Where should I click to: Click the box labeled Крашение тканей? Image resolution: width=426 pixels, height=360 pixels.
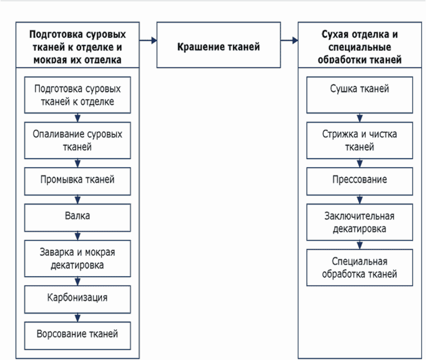coord(219,45)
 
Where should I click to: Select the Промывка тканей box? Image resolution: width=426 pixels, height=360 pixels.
coord(77,181)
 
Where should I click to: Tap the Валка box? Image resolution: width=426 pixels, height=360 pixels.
coord(77,218)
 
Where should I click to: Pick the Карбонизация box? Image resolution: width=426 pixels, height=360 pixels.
coord(77,299)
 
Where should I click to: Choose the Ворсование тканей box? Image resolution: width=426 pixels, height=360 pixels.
coord(77,336)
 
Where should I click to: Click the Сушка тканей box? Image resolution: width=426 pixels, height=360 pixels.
coord(359,95)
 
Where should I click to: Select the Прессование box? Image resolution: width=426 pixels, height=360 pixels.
coord(359,181)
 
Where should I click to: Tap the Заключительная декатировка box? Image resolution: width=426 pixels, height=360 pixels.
coord(359,222)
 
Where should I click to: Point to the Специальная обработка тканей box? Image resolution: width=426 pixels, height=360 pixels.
coord(359,267)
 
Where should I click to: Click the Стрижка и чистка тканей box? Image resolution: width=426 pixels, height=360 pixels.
coord(359,141)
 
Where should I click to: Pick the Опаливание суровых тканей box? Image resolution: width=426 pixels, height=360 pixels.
coord(77,141)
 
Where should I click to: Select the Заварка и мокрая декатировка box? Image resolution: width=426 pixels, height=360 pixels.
coord(77,259)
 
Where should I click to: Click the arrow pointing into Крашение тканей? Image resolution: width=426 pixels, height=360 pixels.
coord(148,40)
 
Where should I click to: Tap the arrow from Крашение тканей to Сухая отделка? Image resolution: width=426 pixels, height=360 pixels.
coord(289,40)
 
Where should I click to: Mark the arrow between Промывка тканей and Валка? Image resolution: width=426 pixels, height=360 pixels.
coord(77,200)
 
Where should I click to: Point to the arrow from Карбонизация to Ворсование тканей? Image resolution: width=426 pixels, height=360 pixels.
coord(77,318)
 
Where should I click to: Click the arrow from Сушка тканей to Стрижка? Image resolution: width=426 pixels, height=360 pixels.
coord(360,117)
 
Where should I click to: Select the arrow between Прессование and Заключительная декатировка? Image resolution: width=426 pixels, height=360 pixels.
coord(360,200)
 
